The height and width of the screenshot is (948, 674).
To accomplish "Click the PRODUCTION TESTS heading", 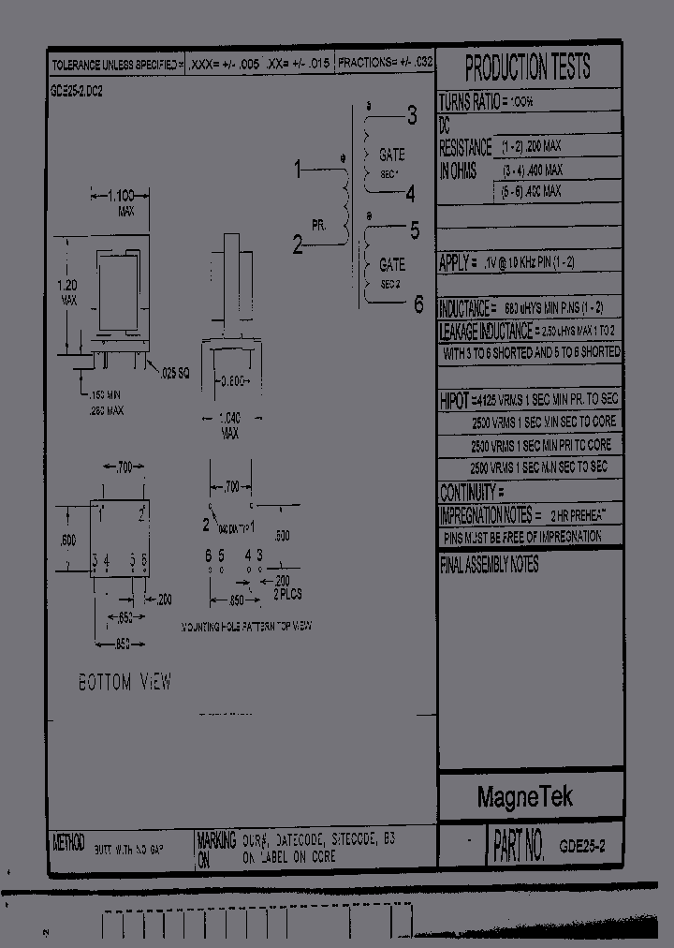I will pos(528,67).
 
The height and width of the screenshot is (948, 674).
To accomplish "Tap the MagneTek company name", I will pos(525,797).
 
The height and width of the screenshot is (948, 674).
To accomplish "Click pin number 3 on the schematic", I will pos(411,116).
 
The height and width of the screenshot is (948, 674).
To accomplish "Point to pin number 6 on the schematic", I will pos(418,304).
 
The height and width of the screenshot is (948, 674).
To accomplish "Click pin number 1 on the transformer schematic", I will pos(299,170).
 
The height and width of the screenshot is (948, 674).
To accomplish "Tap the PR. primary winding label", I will pos(319,226).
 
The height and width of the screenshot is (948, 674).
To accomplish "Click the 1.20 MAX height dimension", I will pos(68,292).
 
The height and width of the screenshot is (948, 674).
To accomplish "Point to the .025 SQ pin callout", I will pos(174,373).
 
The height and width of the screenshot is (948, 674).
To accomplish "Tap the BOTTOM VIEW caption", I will pos(125,683).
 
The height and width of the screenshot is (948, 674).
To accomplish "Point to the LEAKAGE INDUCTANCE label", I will pos(485,332).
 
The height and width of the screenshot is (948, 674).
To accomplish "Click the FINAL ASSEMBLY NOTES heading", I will pos(489,566).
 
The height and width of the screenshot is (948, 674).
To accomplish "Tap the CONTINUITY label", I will pos(472,493).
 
